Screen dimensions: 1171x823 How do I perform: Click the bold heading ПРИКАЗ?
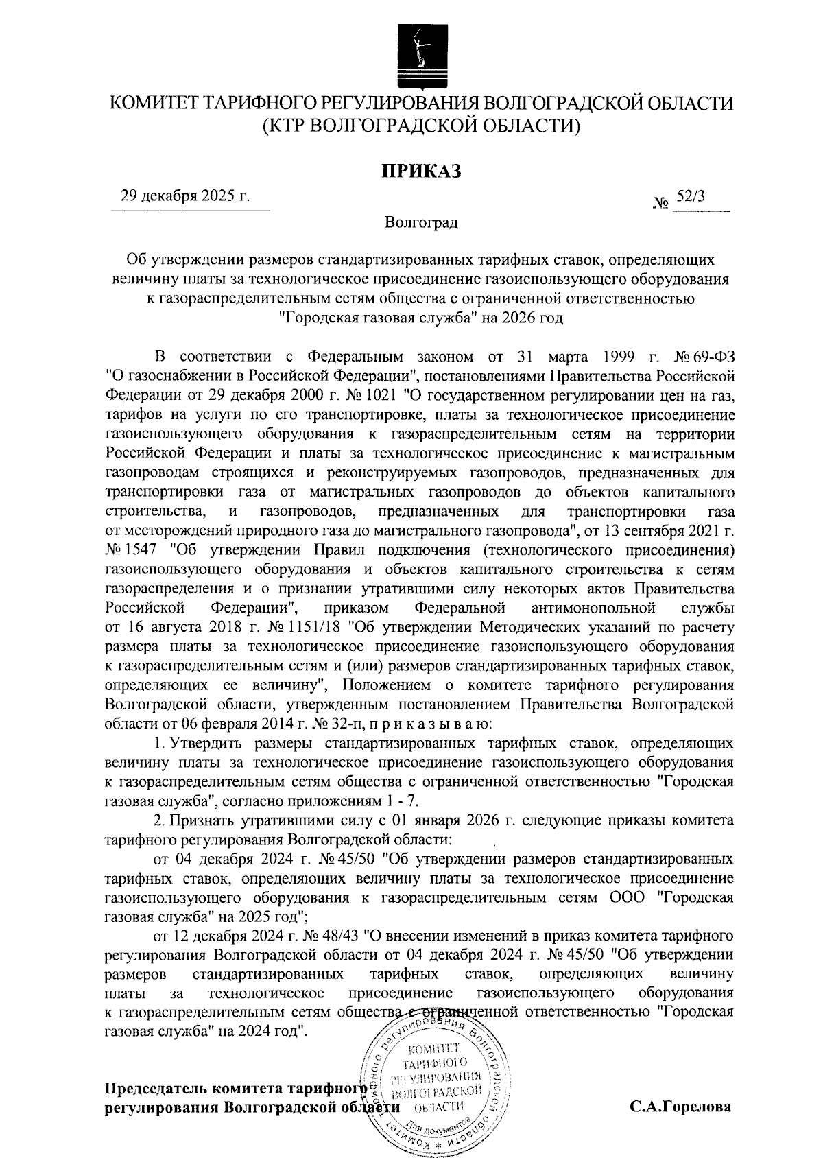click(421, 171)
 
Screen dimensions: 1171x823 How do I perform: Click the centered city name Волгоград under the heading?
click(421, 222)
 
